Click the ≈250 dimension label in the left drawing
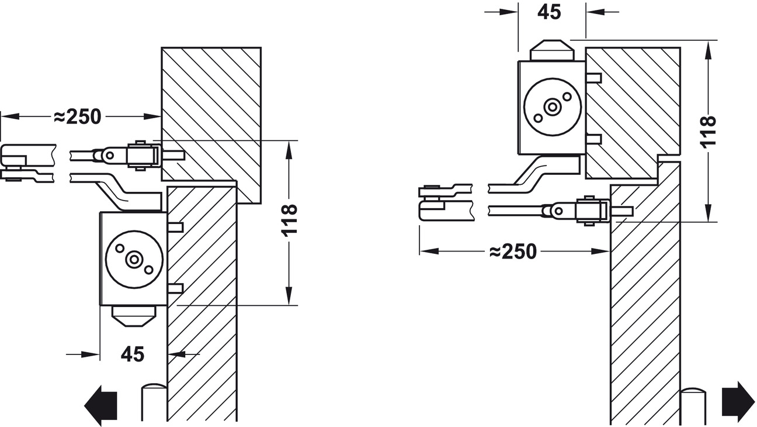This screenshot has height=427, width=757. point(77,117)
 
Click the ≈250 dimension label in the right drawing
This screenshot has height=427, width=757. point(512,252)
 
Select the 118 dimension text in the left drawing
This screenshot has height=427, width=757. point(290,220)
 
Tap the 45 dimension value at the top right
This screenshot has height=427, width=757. point(549,12)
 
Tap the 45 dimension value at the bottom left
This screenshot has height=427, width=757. point(133,354)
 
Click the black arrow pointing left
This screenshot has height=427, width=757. point(101,405)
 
